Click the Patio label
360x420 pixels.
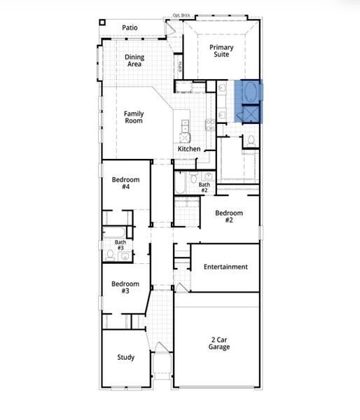click(130, 28)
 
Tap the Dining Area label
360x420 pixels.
click(134, 60)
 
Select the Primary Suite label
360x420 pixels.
click(221, 50)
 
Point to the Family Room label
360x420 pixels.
click(134, 117)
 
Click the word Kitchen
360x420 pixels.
click(189, 149)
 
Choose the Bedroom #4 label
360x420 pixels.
click(125, 183)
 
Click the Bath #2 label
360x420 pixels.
click(204, 188)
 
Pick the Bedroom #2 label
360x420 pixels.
click(229, 216)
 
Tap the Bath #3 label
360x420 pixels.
click(120, 245)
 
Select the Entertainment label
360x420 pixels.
click(226, 267)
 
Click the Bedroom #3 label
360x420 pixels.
click(125, 287)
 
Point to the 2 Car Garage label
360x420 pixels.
click(216, 342)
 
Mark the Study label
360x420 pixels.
click(125, 358)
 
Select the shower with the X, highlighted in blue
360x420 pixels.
click(249, 113)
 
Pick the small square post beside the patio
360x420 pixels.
click(103, 22)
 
